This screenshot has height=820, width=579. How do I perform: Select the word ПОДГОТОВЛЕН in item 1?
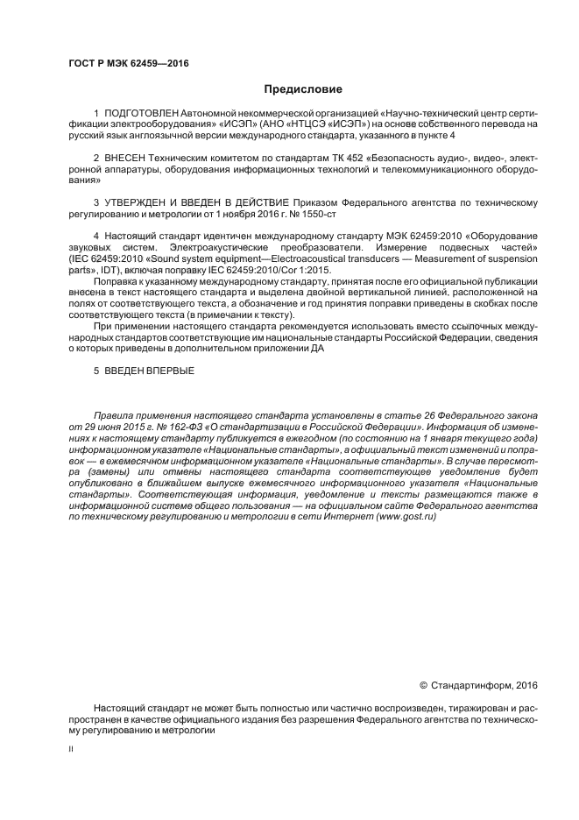(x=141, y=115)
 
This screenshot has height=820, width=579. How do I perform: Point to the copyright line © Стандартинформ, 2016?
(x=479, y=684)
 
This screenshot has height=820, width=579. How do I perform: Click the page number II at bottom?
(x=71, y=749)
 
